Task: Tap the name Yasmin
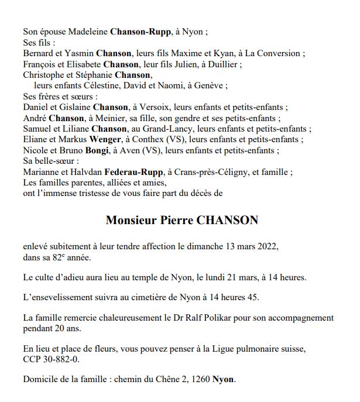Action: [x=79, y=53]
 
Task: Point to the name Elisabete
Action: [x=80, y=64]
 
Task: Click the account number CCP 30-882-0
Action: [x=52, y=360]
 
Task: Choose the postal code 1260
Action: [x=198, y=380]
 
